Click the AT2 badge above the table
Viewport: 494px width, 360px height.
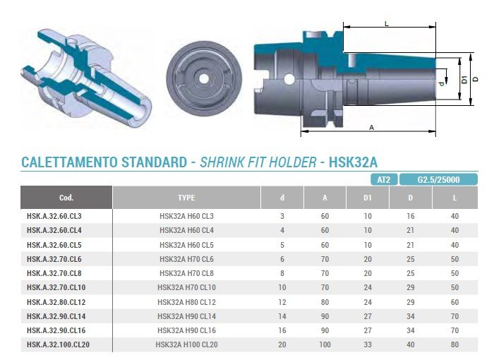tap(384, 180)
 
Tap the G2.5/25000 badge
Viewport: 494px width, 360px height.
tap(438, 180)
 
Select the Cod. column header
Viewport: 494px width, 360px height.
tap(66, 198)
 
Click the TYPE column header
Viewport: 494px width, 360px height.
tap(186, 198)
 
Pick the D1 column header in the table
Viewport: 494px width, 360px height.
tap(368, 198)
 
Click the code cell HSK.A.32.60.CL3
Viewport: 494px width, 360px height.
tap(54, 216)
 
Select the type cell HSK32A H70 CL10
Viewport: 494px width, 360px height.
tap(186, 287)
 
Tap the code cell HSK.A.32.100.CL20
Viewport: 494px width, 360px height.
tap(59, 344)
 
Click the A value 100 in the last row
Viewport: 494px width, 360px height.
tap(325, 344)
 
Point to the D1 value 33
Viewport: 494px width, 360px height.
tap(368, 344)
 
